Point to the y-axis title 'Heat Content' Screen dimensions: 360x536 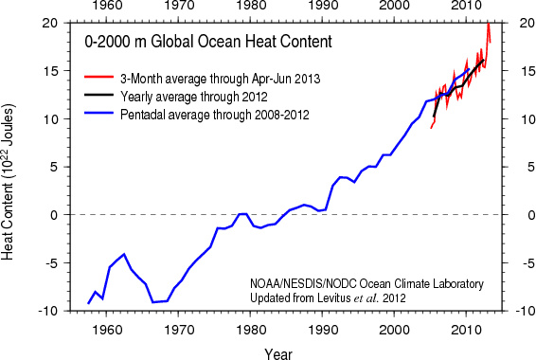click(12, 214)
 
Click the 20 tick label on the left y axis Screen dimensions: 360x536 click(53, 23)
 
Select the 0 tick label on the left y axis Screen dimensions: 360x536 click(58, 215)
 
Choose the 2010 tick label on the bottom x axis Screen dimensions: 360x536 click(466, 328)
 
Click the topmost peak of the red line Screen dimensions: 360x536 click(488, 23)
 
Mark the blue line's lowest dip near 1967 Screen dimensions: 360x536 click(152, 302)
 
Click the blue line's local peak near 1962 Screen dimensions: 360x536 click(124, 254)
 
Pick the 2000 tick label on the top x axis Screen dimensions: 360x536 click(394, 9)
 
